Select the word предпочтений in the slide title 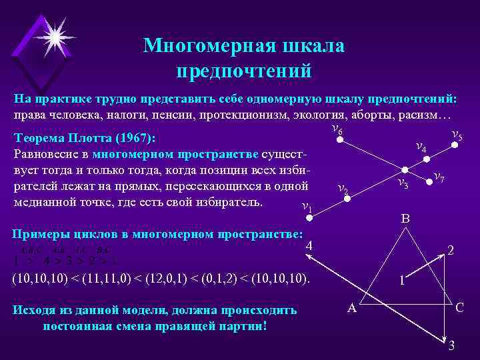244,69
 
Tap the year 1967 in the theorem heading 134,139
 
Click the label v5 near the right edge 457,137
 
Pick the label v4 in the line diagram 421,147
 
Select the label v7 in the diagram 439,177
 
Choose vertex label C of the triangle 459,308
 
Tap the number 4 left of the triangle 309,247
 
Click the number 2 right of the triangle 451,251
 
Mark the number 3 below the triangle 451,345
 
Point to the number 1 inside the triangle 401,280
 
